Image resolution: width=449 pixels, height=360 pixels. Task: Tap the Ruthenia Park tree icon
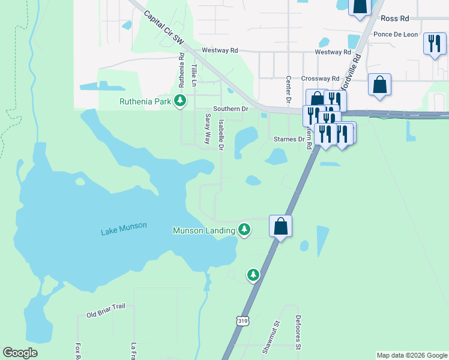point(179,101)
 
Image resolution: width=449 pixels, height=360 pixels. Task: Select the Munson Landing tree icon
point(244,229)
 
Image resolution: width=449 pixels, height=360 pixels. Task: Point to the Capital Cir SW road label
point(163,29)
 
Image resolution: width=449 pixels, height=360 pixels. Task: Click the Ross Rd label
point(394,19)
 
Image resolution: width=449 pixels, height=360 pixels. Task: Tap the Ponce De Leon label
point(396,34)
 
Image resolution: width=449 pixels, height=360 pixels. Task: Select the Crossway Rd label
point(320,79)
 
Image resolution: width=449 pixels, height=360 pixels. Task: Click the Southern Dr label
point(232,109)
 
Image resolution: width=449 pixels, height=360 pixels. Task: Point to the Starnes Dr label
point(289,139)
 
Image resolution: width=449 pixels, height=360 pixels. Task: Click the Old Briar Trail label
point(106,310)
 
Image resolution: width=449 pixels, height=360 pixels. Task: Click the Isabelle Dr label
point(221,134)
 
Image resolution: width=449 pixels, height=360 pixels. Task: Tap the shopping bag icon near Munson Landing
point(280,226)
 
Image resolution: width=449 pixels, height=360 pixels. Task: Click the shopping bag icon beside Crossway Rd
point(379,85)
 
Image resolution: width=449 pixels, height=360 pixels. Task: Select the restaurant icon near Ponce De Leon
point(434,43)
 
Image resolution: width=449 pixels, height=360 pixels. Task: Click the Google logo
point(20,353)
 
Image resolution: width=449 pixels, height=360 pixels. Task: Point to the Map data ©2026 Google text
point(412,355)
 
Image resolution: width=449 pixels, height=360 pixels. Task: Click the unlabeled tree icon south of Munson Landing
point(253,275)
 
